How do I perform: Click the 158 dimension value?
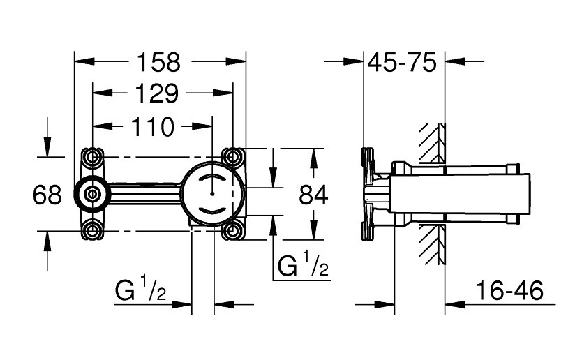point(160,63)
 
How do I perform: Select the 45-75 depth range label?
point(403,63)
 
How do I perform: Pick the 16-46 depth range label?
point(507,291)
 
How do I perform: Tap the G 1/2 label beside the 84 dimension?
point(303,267)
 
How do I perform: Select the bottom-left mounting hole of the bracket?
point(91,230)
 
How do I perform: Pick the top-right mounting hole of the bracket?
point(232,155)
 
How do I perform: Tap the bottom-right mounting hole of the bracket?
point(232,230)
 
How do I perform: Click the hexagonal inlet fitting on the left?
point(91,193)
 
